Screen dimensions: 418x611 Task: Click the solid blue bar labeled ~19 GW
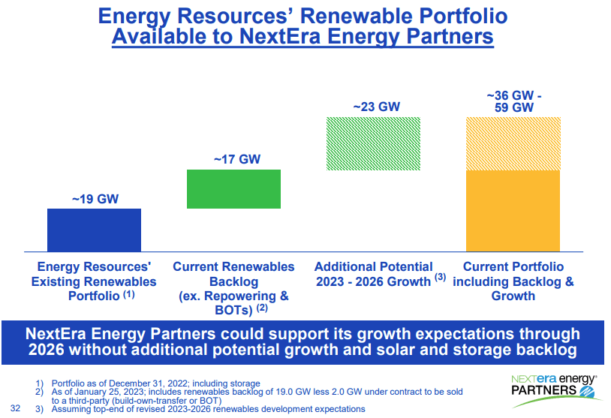tap(94, 230)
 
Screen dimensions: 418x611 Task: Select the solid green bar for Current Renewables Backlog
tap(233, 189)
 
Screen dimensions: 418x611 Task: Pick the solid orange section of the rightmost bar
tap(513, 211)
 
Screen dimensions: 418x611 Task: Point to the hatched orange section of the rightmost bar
tap(513, 143)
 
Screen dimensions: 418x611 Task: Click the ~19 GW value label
tap(95, 200)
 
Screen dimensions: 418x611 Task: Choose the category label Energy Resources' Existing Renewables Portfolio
tap(94, 281)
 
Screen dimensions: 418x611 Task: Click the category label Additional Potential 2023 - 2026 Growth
tap(375, 274)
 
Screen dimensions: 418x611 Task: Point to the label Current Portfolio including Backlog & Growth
tap(513, 281)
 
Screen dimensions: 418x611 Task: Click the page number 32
tap(16, 408)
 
